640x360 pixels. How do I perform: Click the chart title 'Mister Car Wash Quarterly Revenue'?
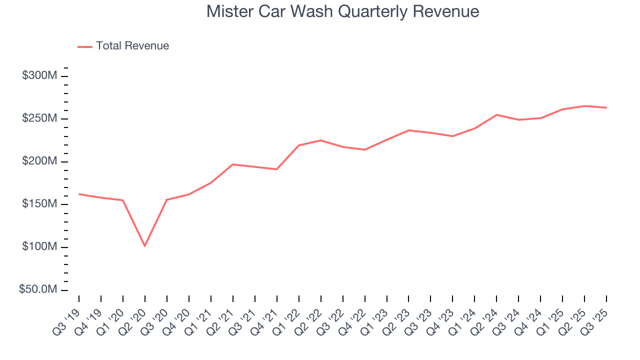click(x=342, y=11)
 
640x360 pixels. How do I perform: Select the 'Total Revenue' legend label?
click(x=132, y=46)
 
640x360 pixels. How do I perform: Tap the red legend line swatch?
click(x=85, y=46)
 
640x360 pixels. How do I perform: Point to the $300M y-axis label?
click(x=39, y=76)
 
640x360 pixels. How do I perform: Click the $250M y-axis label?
click(x=39, y=118)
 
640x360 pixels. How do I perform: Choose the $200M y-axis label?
click(x=39, y=161)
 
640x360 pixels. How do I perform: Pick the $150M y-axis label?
click(x=39, y=204)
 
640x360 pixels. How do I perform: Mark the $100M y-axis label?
click(x=39, y=247)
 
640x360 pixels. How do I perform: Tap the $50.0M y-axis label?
click(x=38, y=290)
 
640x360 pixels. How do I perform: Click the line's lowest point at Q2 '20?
click(x=145, y=246)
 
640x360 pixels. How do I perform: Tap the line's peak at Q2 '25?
click(x=584, y=106)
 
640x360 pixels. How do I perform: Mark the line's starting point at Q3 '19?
click(x=79, y=194)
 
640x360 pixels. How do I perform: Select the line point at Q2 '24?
click(x=496, y=115)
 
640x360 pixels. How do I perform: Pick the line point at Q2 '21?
click(x=233, y=164)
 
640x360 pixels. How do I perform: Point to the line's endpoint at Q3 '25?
click(x=606, y=107)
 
